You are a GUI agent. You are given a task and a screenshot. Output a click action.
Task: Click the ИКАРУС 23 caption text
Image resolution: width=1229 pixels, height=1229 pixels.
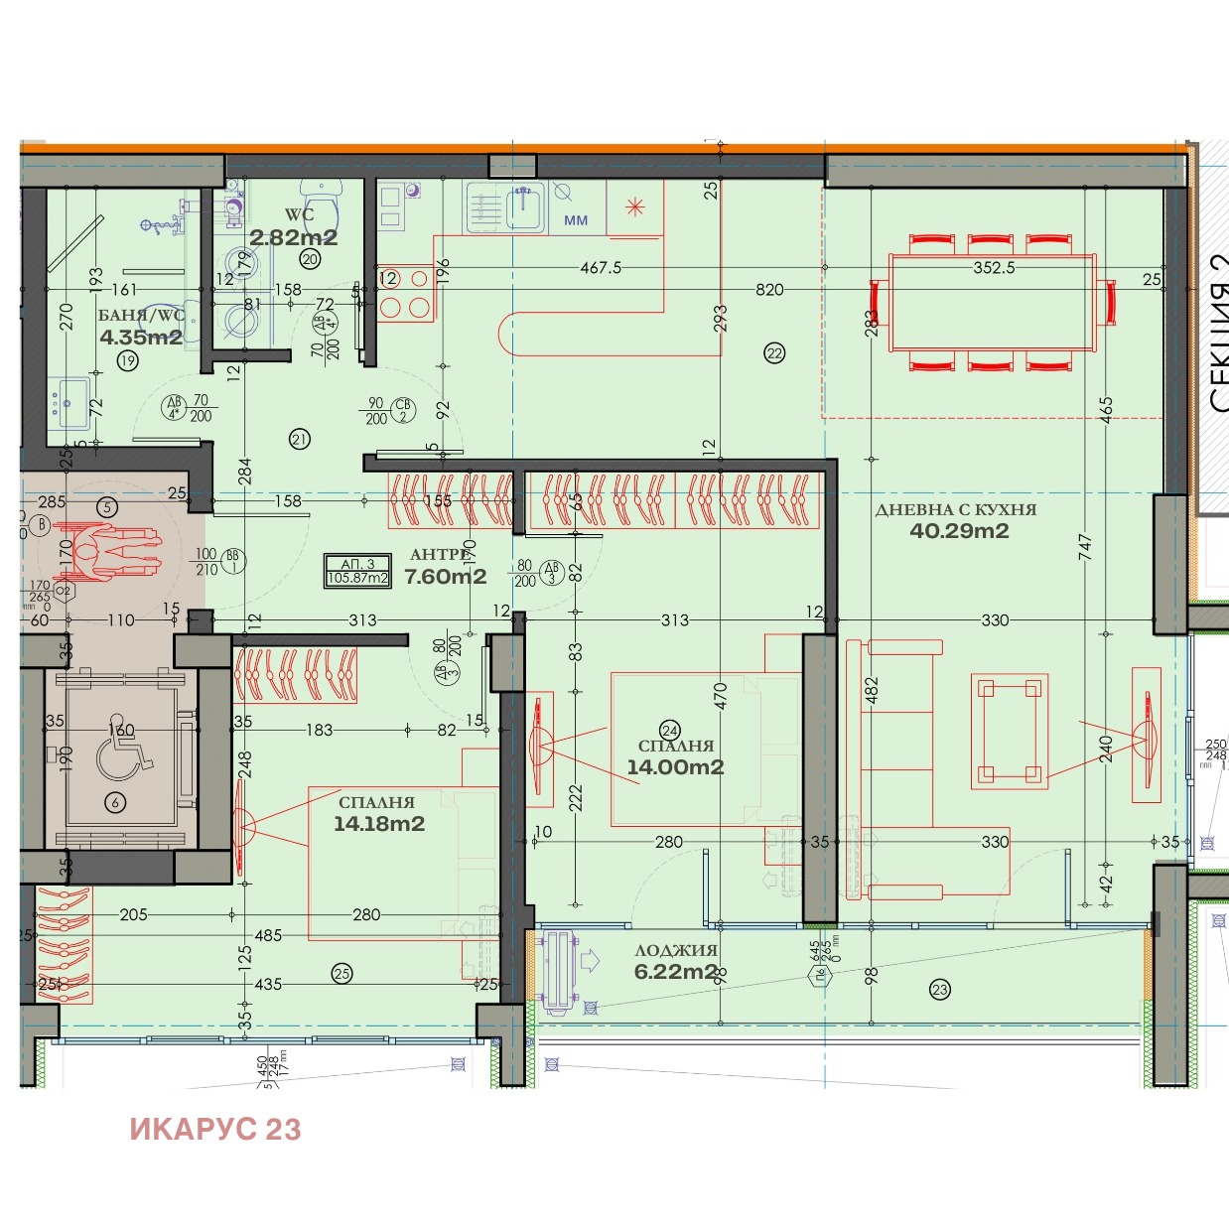[x=214, y=1129]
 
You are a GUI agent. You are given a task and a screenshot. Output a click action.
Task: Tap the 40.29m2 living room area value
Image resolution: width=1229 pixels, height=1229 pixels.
[x=959, y=531]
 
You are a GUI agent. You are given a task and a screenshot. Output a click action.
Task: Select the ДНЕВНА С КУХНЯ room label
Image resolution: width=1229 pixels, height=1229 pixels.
[x=955, y=509]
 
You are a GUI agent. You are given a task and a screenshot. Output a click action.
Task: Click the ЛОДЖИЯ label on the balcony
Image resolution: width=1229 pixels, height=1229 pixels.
[x=675, y=950]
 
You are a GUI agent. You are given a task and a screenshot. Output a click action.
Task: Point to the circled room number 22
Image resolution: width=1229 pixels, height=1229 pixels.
[x=774, y=352]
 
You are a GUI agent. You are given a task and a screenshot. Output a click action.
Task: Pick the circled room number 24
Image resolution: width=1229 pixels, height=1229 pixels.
[x=669, y=730]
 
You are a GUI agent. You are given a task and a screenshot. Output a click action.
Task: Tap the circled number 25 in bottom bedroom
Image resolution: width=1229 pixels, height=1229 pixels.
[x=341, y=973]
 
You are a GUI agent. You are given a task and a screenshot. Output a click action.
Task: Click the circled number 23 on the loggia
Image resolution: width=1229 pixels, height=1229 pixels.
[x=939, y=989]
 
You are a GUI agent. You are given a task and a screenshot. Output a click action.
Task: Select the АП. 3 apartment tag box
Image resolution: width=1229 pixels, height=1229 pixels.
[x=357, y=570]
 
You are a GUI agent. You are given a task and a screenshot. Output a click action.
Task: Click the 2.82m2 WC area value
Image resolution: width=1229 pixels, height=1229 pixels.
[x=293, y=237]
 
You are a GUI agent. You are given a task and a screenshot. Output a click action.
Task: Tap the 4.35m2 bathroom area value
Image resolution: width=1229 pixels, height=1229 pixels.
[x=141, y=338]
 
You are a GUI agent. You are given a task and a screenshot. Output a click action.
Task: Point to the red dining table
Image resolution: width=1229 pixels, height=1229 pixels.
[x=993, y=303]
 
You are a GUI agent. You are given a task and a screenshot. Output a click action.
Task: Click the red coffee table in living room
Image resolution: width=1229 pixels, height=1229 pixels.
[x=1010, y=732]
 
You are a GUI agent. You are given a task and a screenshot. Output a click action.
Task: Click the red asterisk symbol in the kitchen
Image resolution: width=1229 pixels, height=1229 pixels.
[x=634, y=206]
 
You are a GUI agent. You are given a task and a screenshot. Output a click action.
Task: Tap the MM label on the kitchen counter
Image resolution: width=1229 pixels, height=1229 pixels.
[x=576, y=220]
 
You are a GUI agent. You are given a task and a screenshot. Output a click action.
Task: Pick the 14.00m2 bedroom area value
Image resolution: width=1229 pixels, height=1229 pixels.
[x=675, y=767]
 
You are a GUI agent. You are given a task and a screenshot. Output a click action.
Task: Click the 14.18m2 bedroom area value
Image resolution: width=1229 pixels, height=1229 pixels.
[x=378, y=824]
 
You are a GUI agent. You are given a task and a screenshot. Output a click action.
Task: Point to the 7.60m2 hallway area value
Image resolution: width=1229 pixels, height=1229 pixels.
[x=445, y=577]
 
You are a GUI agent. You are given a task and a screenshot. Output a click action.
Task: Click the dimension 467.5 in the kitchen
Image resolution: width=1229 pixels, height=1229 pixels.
[x=601, y=268]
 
